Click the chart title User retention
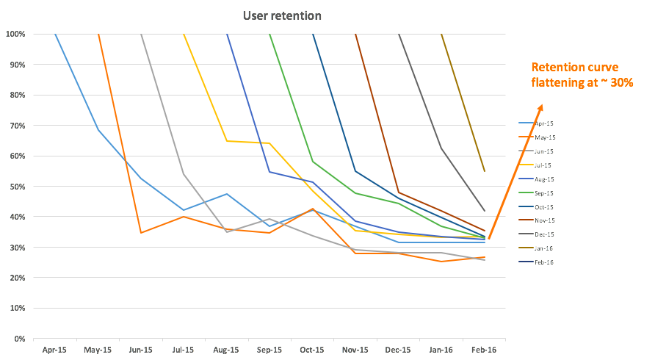(282, 15)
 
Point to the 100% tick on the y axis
(15, 34)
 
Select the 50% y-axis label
(15, 187)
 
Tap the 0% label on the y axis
(18, 339)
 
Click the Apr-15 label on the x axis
(55, 350)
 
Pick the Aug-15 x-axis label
(226, 350)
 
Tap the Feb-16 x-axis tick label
(484, 350)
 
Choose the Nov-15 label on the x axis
(355, 350)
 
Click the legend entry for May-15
(544, 137)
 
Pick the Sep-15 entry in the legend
(543, 193)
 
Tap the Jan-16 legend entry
(543, 248)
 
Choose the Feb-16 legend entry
(543, 262)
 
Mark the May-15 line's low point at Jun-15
(140, 233)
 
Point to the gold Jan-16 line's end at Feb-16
(484, 171)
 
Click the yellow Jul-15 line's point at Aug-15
(226, 141)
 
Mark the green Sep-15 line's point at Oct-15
(313, 162)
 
